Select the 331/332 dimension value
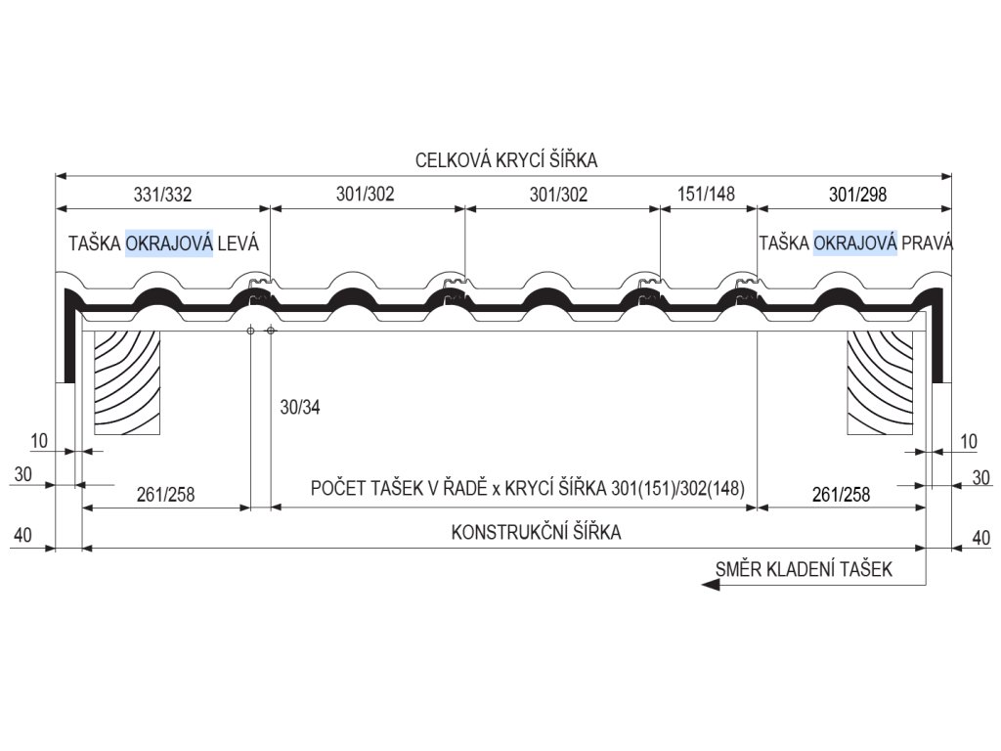coord(162,194)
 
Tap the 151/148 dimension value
coord(706,194)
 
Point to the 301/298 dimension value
coord(856,194)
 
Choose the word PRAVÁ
coord(928,243)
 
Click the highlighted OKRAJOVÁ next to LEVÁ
coord(169,243)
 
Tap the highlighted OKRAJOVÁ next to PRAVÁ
coord(855,243)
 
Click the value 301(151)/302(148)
coord(677,488)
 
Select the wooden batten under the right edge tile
coord(880,381)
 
